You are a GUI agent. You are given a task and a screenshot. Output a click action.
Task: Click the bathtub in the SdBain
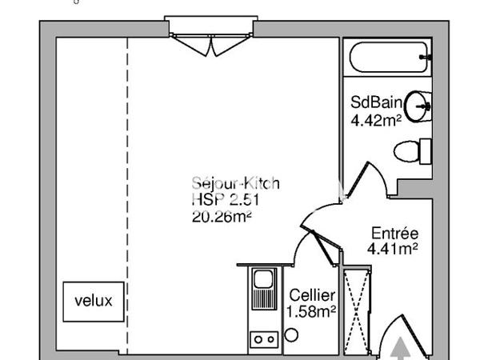(388, 58)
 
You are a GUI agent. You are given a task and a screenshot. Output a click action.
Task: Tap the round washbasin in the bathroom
(418, 105)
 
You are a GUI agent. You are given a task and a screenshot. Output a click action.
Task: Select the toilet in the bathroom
(412, 150)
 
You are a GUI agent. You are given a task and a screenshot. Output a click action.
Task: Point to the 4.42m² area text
(376, 121)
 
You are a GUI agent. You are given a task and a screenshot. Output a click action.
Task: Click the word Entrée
(394, 234)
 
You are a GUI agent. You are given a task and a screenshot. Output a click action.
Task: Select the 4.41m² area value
(394, 249)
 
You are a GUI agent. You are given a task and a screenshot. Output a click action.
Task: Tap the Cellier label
(312, 296)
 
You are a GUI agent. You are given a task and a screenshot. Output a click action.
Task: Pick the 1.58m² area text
(312, 311)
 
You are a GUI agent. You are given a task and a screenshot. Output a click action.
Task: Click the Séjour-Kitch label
(235, 184)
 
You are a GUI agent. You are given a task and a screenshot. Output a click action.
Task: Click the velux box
(94, 302)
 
